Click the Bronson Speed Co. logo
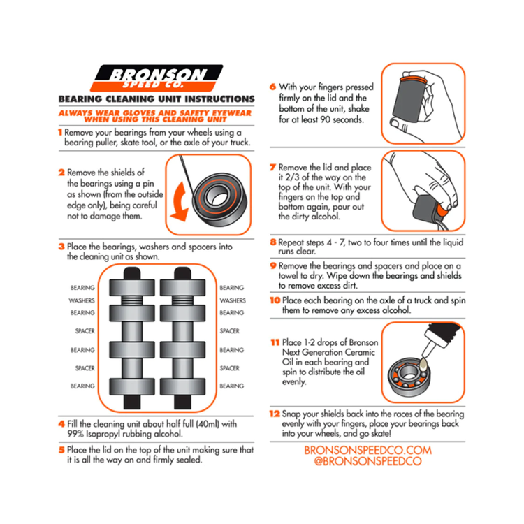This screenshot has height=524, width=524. point(157,78)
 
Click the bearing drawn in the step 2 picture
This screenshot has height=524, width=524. point(219,200)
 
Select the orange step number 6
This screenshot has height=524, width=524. point(272,87)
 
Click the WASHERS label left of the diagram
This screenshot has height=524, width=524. point(82,300)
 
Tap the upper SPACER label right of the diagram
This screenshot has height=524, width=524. point(230,331)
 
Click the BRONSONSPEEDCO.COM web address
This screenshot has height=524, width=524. point(367,450)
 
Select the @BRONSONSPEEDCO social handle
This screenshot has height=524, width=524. point(367,461)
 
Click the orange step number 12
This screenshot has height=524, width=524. point(275,414)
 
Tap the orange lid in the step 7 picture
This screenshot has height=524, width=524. point(442,210)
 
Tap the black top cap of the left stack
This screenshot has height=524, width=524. point(132,273)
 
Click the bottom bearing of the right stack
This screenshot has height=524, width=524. point(182,387)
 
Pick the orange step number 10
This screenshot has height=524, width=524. point(275,300)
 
